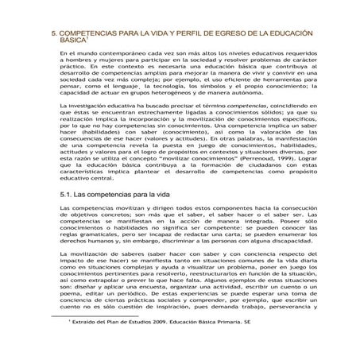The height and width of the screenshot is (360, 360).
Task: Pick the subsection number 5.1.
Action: (68, 193)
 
